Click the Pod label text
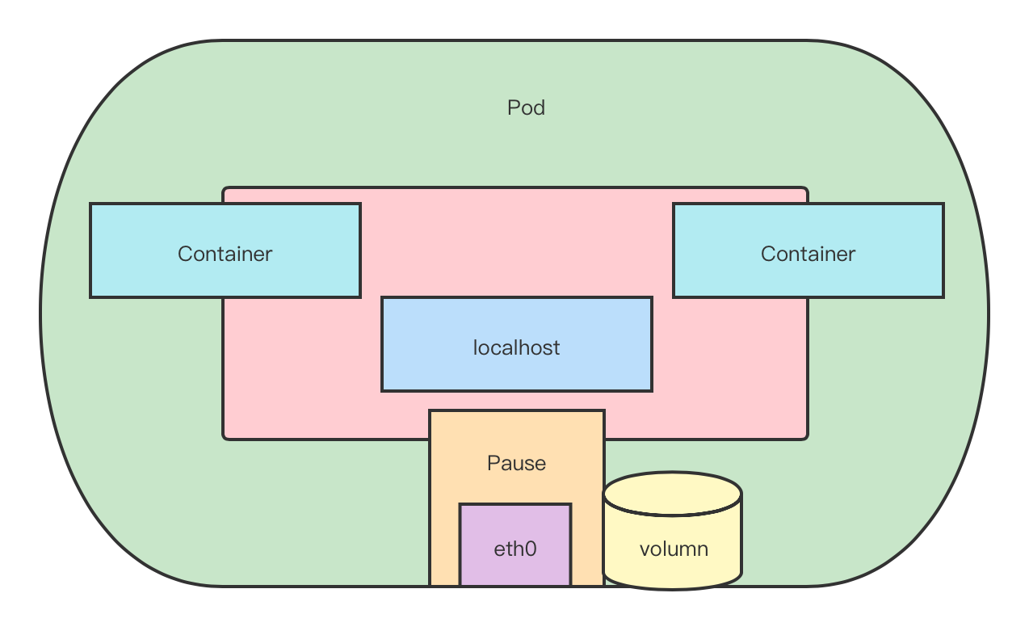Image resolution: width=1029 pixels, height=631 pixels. click(x=526, y=107)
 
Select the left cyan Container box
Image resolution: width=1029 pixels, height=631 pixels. click(x=225, y=250)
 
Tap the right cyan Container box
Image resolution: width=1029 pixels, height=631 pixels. click(x=808, y=250)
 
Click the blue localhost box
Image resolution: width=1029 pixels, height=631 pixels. click(x=516, y=344)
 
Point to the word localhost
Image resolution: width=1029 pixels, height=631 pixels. click(x=516, y=347)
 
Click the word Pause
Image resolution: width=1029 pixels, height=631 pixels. click(x=516, y=463)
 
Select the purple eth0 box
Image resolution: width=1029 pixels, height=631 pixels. click(x=515, y=544)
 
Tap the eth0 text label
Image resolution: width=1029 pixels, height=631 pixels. click(x=515, y=549)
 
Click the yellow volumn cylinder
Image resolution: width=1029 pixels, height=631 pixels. click(x=672, y=537)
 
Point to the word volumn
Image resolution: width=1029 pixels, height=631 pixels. click(x=674, y=549)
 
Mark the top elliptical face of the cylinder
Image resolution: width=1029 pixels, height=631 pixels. click(x=672, y=493)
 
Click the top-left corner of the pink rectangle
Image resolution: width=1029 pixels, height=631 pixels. click(x=225, y=189)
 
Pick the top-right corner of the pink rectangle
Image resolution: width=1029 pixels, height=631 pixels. click(x=806, y=189)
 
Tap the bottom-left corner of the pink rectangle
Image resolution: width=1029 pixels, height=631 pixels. click(x=225, y=438)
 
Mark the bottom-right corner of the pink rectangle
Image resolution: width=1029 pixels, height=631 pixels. click(x=806, y=438)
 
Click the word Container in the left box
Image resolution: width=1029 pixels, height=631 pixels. click(x=225, y=254)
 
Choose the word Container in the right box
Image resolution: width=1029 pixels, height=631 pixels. click(x=808, y=254)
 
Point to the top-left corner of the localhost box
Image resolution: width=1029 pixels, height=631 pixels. click(x=382, y=298)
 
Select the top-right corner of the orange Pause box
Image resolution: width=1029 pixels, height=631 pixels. click(x=603, y=411)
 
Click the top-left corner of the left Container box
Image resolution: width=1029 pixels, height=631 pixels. click(x=90, y=204)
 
